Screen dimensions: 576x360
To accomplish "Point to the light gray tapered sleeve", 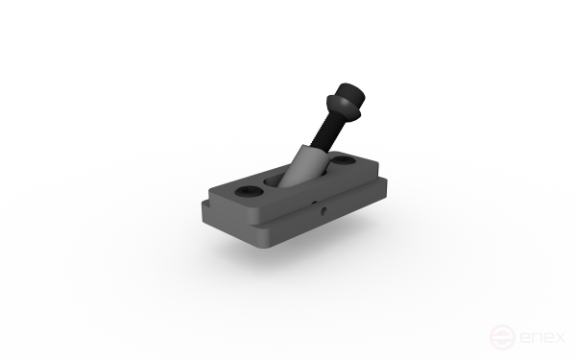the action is tap(305, 165).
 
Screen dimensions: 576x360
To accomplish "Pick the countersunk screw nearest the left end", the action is tap(249, 191).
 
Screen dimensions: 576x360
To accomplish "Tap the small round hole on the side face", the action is tap(324, 211).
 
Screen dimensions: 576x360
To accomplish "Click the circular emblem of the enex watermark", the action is tap(502, 337).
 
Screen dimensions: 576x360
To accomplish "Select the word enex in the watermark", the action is tap(542, 337).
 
